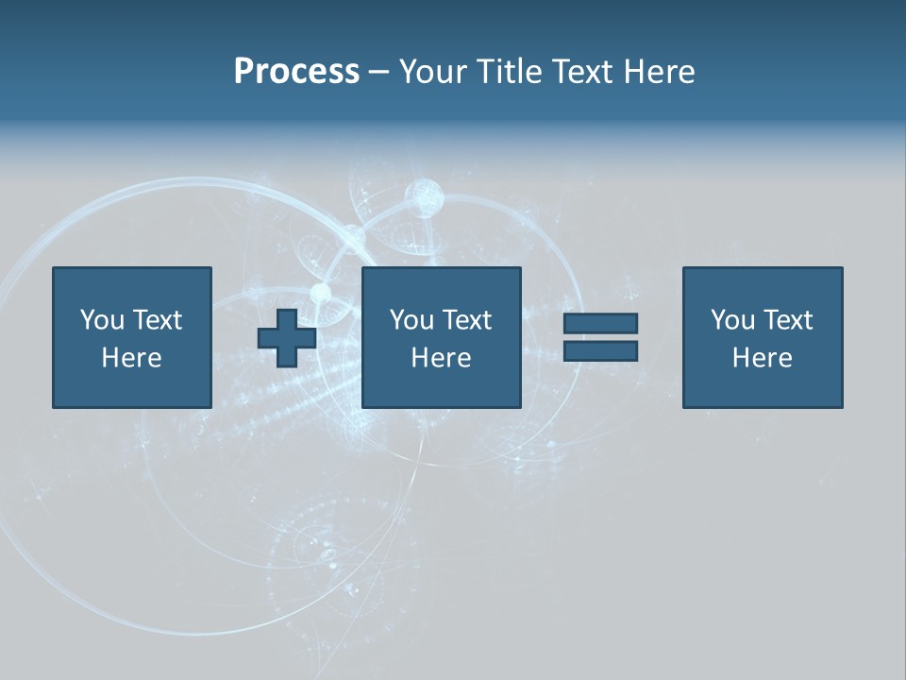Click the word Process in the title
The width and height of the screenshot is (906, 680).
tap(296, 72)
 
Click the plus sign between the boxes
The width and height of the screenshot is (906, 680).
tap(287, 337)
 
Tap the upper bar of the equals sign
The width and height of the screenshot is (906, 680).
tap(600, 323)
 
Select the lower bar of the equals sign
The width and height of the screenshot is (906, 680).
tap(600, 350)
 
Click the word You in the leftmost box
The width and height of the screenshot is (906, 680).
tap(102, 320)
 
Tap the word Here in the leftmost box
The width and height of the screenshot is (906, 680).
tap(131, 358)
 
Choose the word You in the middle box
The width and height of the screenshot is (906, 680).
tap(411, 320)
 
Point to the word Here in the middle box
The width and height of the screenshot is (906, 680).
tap(441, 358)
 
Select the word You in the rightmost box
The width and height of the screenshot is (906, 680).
tap(732, 320)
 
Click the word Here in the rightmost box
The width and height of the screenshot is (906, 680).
tap(762, 358)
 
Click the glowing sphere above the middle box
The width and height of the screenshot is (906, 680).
tap(424, 197)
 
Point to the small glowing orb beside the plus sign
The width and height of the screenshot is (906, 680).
tap(321, 293)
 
